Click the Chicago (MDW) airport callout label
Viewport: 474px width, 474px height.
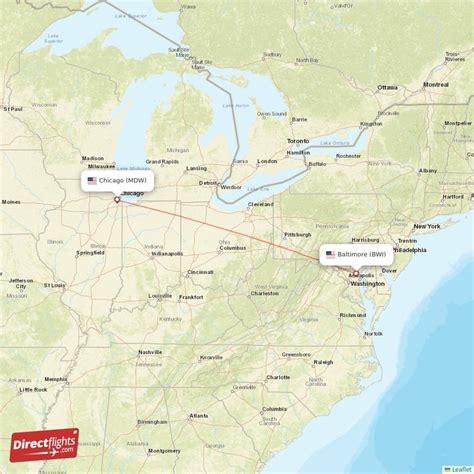click(118, 180)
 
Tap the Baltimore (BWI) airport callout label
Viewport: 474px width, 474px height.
click(356, 254)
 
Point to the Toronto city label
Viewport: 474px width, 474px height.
click(298, 141)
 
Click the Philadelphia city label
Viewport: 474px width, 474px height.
click(408, 250)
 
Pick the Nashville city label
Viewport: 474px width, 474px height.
click(150, 352)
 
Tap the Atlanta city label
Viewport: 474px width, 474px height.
click(199, 415)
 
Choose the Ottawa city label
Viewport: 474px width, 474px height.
click(387, 87)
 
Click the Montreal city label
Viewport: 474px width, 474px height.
click(436, 85)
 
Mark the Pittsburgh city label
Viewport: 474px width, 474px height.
click(297, 234)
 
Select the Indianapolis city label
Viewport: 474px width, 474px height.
click(167, 253)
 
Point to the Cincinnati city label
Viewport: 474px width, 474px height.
click(200, 271)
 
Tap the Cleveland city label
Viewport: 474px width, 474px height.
click(260, 203)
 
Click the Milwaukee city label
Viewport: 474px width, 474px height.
click(101, 166)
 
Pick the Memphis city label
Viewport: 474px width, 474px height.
click(56, 379)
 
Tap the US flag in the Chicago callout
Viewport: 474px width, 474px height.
click(92, 181)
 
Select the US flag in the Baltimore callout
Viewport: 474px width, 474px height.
click(330, 254)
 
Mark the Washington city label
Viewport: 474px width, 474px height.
click(367, 283)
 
